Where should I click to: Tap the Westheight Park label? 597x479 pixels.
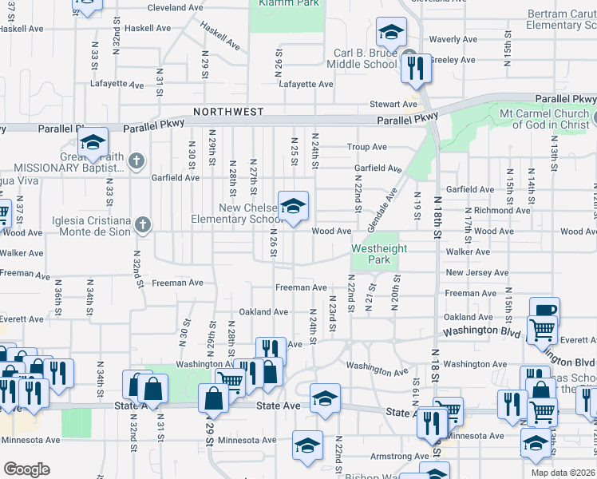[380, 254]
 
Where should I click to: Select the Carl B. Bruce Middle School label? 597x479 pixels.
[365, 59]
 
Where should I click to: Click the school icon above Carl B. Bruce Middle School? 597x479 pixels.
[391, 33]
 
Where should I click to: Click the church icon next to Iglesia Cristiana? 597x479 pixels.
[142, 224]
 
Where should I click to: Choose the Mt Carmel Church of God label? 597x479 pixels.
[544, 119]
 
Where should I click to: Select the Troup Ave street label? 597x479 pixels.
[366, 147]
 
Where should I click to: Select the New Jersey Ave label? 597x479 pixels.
[476, 272]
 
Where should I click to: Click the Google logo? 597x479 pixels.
[26, 469]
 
